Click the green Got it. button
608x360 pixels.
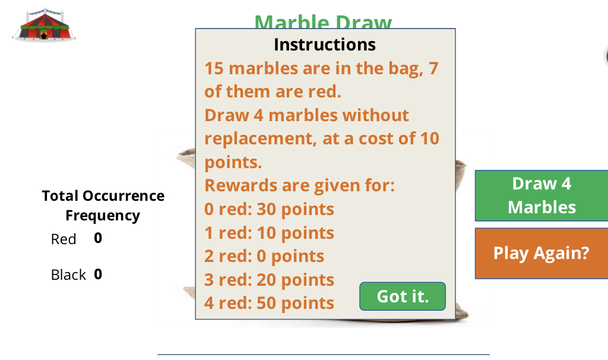(403, 296)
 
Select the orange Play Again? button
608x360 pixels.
(541, 253)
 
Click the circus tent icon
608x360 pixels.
(45, 24)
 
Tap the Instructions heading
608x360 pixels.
(325, 45)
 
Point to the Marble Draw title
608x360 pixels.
(324, 21)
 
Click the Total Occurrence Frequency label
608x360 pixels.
(103, 206)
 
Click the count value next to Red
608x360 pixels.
(98, 238)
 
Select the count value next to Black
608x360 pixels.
(98, 274)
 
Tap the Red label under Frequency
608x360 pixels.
(64, 239)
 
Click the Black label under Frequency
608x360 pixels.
(68, 275)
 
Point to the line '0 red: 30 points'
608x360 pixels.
(270, 209)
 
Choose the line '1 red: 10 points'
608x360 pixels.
(270, 233)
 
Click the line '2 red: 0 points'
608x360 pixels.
(264, 256)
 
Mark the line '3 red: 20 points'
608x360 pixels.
(270, 280)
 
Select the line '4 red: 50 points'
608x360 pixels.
(270, 303)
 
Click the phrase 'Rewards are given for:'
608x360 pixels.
(299, 185)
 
